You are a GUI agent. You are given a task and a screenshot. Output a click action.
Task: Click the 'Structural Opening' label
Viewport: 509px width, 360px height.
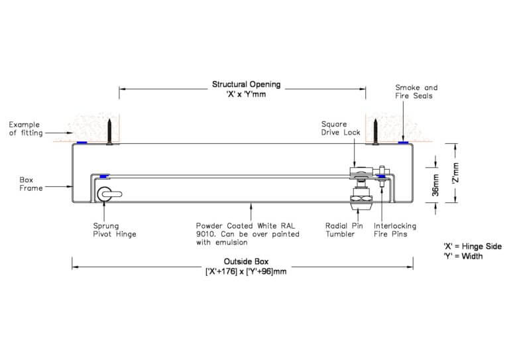point(246,85)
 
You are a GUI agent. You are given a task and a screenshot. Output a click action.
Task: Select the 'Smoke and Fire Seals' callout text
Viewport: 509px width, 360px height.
point(416,91)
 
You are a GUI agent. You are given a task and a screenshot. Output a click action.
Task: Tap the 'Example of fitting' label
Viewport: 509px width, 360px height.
point(25,129)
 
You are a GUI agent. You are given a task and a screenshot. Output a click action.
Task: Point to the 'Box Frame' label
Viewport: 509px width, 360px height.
point(30,184)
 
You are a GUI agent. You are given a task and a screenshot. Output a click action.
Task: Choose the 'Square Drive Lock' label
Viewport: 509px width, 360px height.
point(340,128)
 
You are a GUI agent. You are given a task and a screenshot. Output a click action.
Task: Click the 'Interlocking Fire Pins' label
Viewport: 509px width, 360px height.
point(396,229)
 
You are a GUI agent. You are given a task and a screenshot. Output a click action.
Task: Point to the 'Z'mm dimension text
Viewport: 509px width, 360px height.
point(455,174)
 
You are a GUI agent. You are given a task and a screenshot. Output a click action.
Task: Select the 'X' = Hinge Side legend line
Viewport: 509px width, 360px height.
point(472,246)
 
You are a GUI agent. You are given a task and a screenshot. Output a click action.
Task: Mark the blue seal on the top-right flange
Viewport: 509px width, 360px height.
point(402,143)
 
